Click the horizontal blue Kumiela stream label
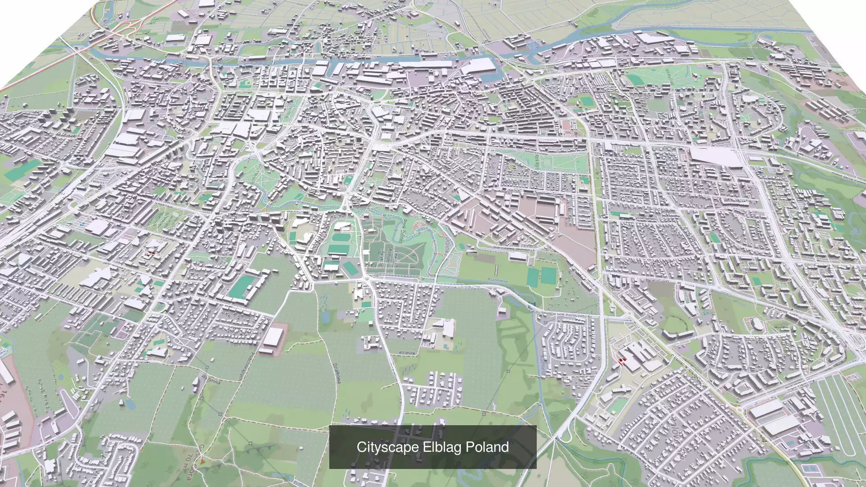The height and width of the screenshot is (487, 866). click(497, 280)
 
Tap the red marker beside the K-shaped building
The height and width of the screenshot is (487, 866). click(622, 360)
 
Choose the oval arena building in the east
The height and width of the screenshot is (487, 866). click(754, 322)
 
